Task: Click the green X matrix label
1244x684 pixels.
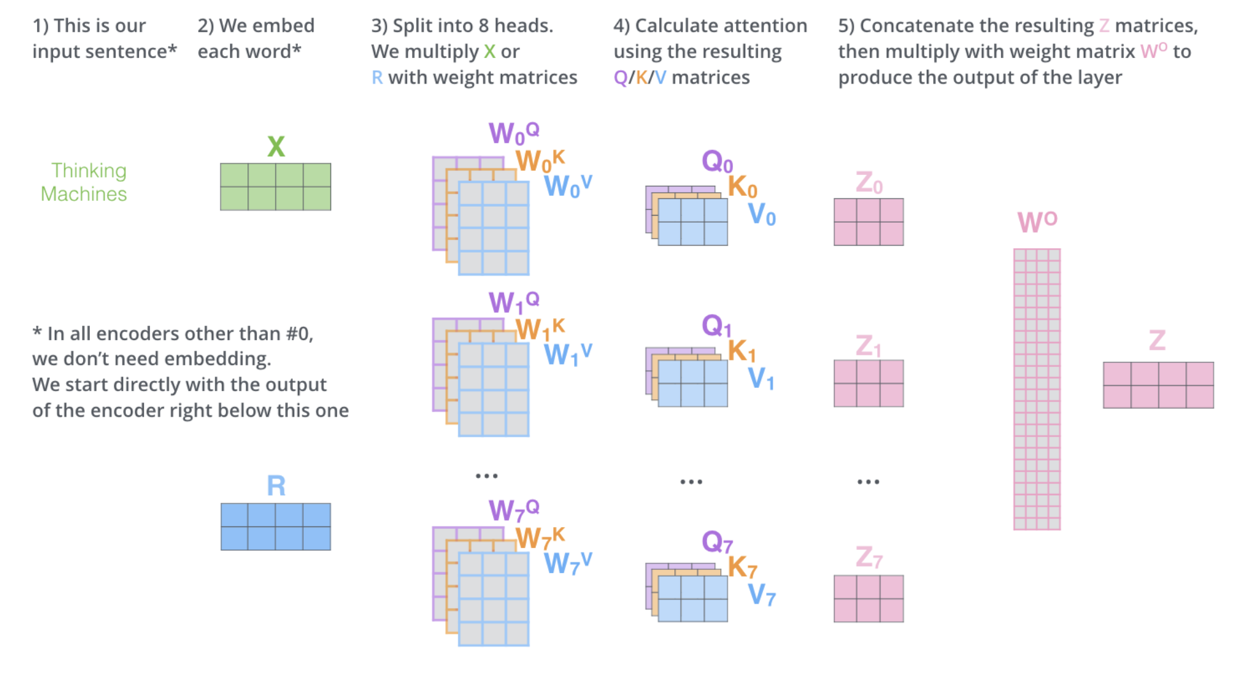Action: pos(276,147)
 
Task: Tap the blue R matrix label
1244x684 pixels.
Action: pos(276,486)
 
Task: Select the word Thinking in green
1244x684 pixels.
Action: pos(89,170)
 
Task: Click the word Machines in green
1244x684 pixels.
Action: pos(84,194)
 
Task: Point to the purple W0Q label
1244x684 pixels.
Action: pos(514,133)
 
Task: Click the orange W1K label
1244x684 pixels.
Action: pos(540,329)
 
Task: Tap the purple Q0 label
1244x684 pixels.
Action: pos(717,161)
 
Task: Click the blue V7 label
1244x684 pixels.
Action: pos(762,595)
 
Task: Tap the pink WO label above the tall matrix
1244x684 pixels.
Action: pos(1037,222)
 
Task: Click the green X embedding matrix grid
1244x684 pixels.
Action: pos(276,186)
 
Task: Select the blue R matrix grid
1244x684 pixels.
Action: pos(276,526)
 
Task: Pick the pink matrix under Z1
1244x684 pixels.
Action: pos(868,383)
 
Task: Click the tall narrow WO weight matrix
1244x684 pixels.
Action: pos(1037,389)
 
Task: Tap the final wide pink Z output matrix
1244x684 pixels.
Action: pos(1158,385)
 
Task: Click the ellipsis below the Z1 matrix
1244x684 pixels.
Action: pos(868,482)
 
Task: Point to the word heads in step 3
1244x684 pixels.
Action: pos(522,26)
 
